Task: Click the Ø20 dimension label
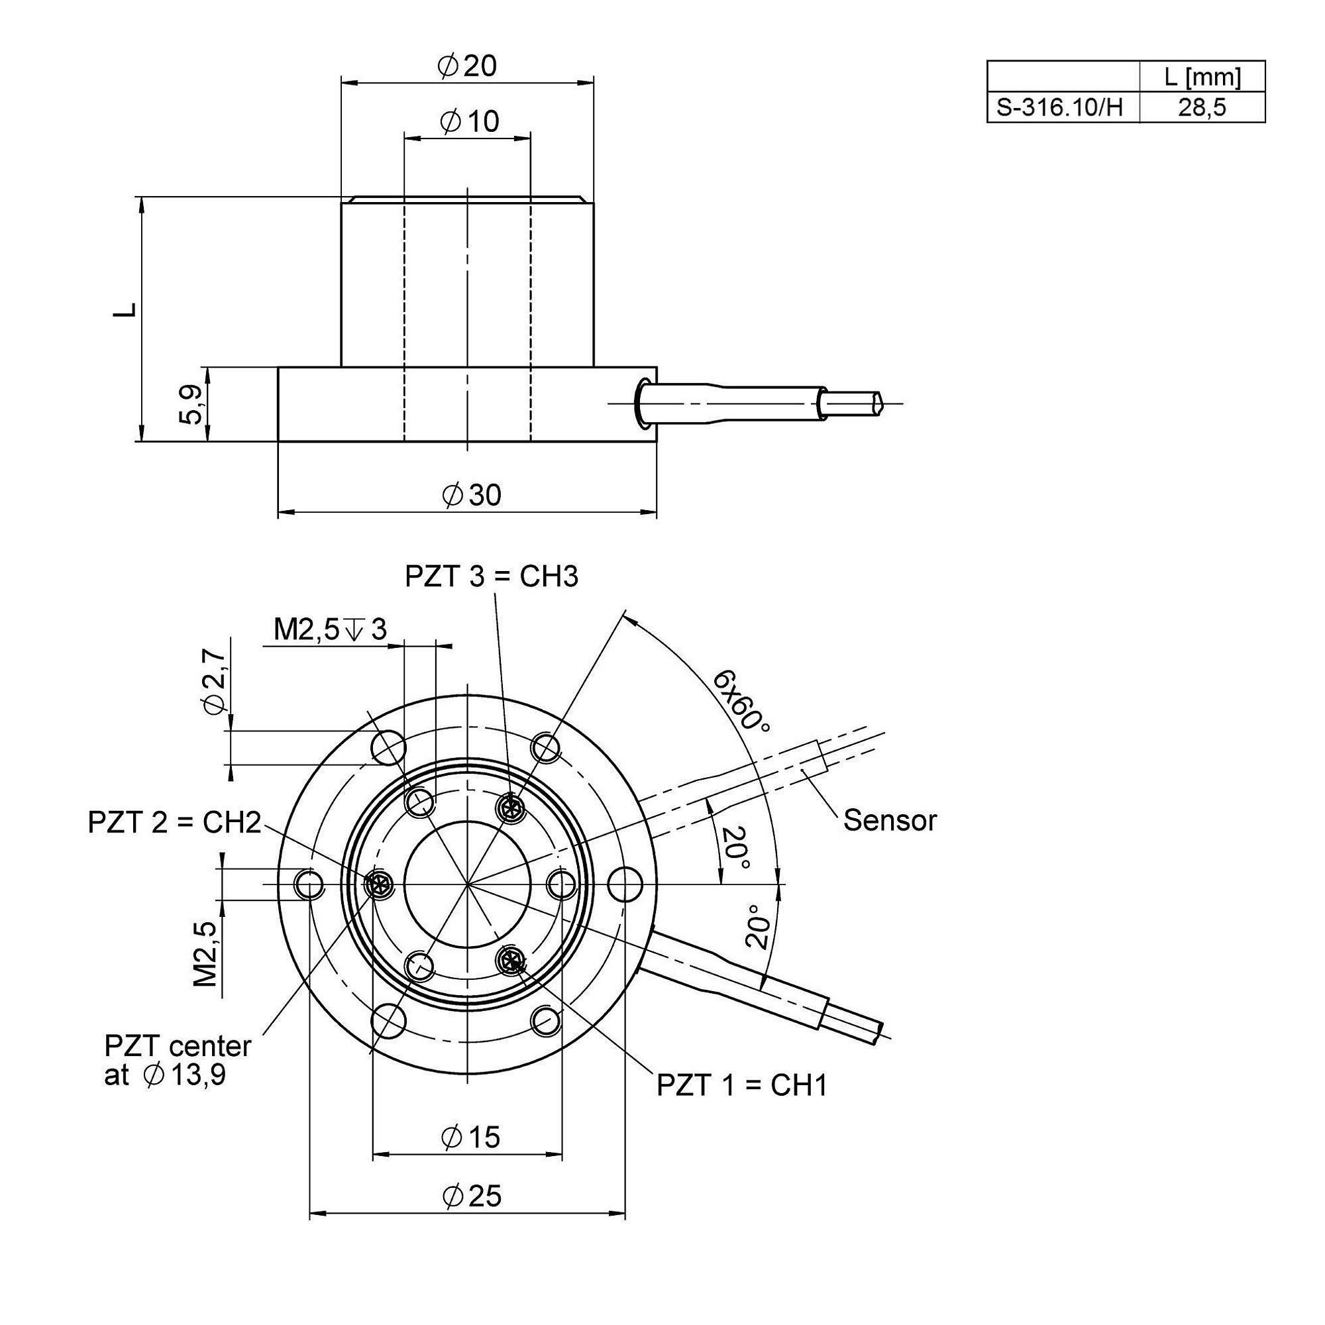466,66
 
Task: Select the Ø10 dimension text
470,121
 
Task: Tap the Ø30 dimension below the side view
472,494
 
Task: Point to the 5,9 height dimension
191,405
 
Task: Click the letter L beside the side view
125,309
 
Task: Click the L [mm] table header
1202,77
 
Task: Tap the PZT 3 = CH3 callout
491,577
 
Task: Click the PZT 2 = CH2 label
174,822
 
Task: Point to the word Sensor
890,820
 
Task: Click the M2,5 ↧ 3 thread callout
331,629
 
